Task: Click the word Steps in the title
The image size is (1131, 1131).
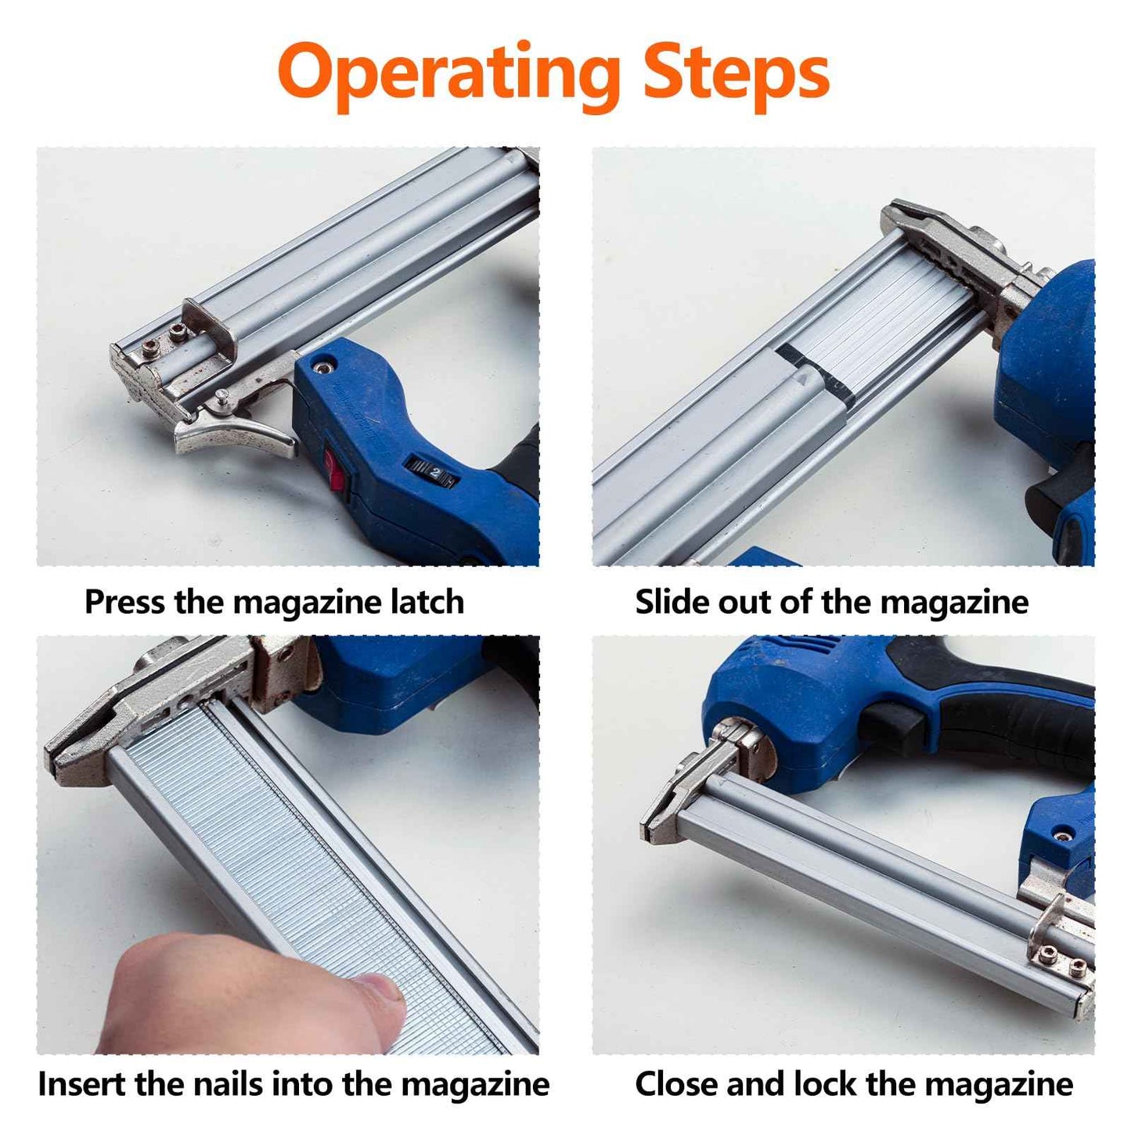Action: [735, 73]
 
